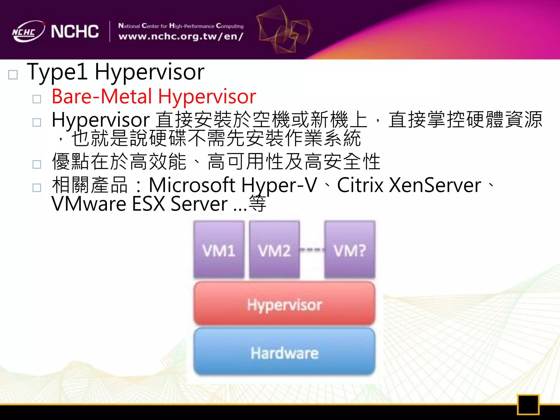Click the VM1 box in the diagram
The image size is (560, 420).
219,249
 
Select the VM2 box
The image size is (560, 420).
275,249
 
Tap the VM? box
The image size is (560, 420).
350,249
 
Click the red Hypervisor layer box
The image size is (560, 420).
284,304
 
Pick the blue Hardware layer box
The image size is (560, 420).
284,352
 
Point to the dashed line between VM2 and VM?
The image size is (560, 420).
312,249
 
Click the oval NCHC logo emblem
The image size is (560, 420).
28,32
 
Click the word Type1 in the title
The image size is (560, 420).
57,72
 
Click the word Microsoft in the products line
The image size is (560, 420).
192,185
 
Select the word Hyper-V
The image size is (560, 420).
279,185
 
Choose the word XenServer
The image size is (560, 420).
435,185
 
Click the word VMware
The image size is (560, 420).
89,204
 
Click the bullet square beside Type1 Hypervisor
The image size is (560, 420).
13,75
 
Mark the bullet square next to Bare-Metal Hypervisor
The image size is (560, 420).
37,99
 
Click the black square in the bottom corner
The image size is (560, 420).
528,404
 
